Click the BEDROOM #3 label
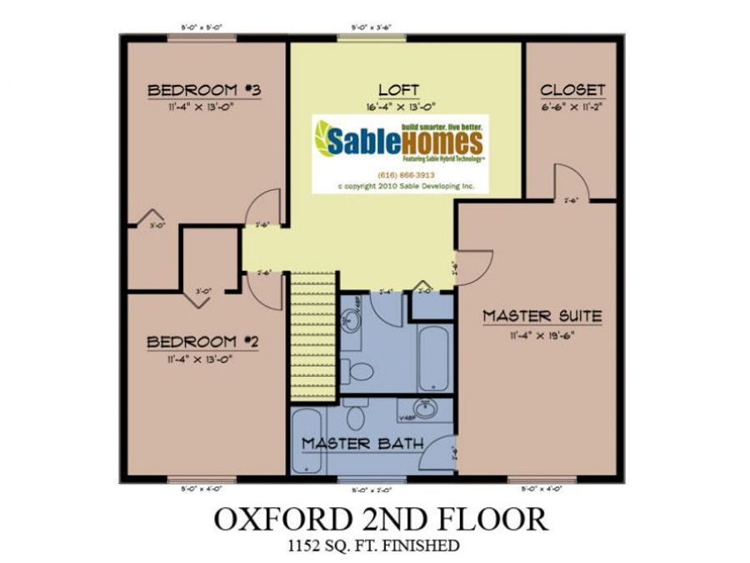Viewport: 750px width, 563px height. tap(194, 90)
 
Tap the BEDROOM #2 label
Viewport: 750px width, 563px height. tap(193, 342)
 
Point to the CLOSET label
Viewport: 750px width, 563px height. tap(572, 90)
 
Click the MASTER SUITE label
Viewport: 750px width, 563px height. tap(542, 316)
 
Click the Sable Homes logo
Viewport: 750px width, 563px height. tap(397, 138)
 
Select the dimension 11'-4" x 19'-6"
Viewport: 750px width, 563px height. tap(542, 335)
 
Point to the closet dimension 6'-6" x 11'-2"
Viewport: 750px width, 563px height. tap(572, 108)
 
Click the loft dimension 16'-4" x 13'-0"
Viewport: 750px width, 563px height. tap(397, 108)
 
